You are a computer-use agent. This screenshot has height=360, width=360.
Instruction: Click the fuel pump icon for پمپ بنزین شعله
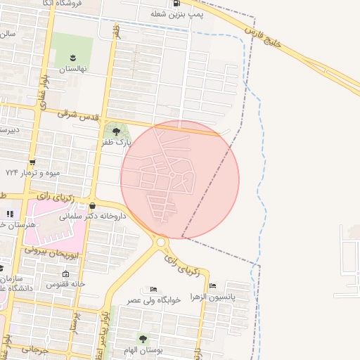click(x=186, y=3)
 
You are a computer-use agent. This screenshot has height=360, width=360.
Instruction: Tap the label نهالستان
click(x=72, y=69)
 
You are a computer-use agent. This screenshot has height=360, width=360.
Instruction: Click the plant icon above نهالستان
click(x=72, y=56)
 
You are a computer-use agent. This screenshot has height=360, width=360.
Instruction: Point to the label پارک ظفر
click(x=115, y=142)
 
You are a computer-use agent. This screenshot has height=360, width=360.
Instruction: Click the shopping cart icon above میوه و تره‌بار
click(x=32, y=162)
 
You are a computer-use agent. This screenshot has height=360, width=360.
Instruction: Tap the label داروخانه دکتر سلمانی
click(x=93, y=217)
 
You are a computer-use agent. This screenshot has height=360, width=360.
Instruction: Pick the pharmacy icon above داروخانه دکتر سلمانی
click(x=93, y=205)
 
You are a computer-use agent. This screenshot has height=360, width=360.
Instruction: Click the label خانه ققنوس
click(x=66, y=284)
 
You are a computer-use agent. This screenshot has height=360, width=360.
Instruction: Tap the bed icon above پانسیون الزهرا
click(x=212, y=286)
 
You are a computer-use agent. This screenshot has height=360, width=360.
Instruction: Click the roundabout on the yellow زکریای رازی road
click(x=162, y=243)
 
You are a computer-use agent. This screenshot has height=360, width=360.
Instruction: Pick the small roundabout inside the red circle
click(x=172, y=174)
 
